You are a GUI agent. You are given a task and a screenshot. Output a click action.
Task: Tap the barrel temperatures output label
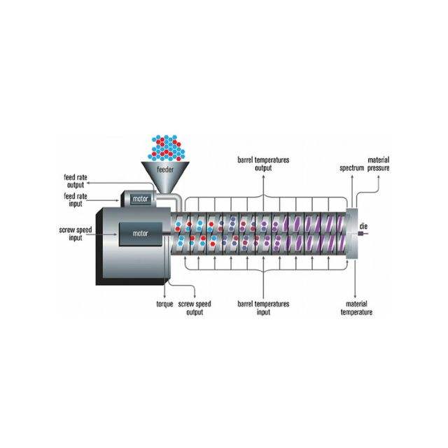click(262, 164)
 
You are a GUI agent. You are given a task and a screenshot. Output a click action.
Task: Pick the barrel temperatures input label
click(262, 308)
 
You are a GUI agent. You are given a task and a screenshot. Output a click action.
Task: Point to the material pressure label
click(379, 164)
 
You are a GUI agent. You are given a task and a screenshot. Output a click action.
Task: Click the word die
click(363, 227)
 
